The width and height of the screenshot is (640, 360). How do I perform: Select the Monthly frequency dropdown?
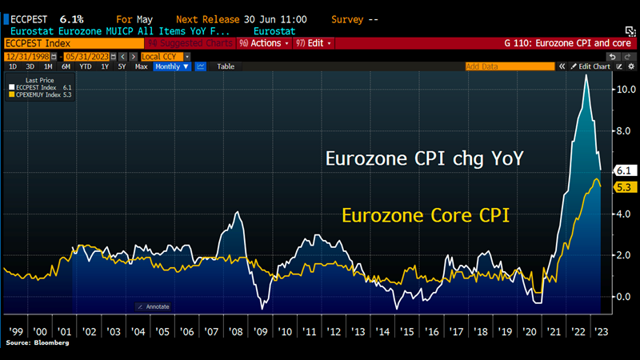pyautogui.click(x=172, y=66)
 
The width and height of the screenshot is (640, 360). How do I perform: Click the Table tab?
pyautogui.click(x=226, y=66)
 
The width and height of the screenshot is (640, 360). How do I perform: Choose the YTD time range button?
pyautogui.click(x=85, y=66)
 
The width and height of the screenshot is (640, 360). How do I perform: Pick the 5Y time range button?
pyautogui.click(x=122, y=66)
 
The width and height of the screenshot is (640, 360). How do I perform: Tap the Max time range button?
pyautogui.click(x=142, y=66)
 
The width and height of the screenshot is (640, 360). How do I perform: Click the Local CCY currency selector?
pyautogui.click(x=164, y=57)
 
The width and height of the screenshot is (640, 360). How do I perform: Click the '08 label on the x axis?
pyautogui.click(x=237, y=330)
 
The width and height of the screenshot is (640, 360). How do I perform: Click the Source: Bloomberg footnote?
pyautogui.click(x=38, y=342)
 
